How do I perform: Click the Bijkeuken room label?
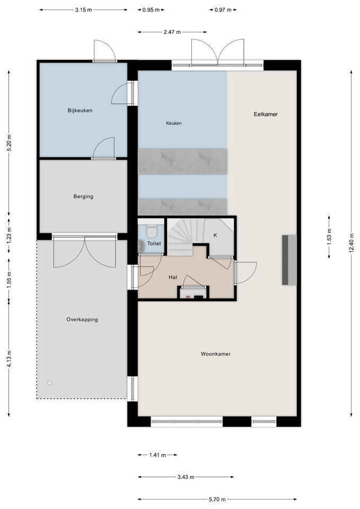pos(80,110)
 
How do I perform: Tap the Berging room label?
pos(83,196)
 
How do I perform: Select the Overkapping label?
pos(82,319)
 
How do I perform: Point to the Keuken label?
pos(173,123)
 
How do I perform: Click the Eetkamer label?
pos(266,114)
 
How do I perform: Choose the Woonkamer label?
pos(216,354)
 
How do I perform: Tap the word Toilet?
pos(154,244)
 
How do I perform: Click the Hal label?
pos(173,277)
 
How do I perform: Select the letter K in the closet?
pos(215,235)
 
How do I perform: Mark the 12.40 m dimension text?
pos(351,244)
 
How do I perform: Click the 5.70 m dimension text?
pos(217,499)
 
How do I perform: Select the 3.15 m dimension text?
pos(83,10)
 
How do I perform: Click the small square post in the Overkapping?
pos(49,382)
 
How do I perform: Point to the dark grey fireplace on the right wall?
pos(288,260)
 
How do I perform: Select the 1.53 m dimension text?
pos(329,237)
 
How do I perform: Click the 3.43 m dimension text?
pos(186,477)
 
